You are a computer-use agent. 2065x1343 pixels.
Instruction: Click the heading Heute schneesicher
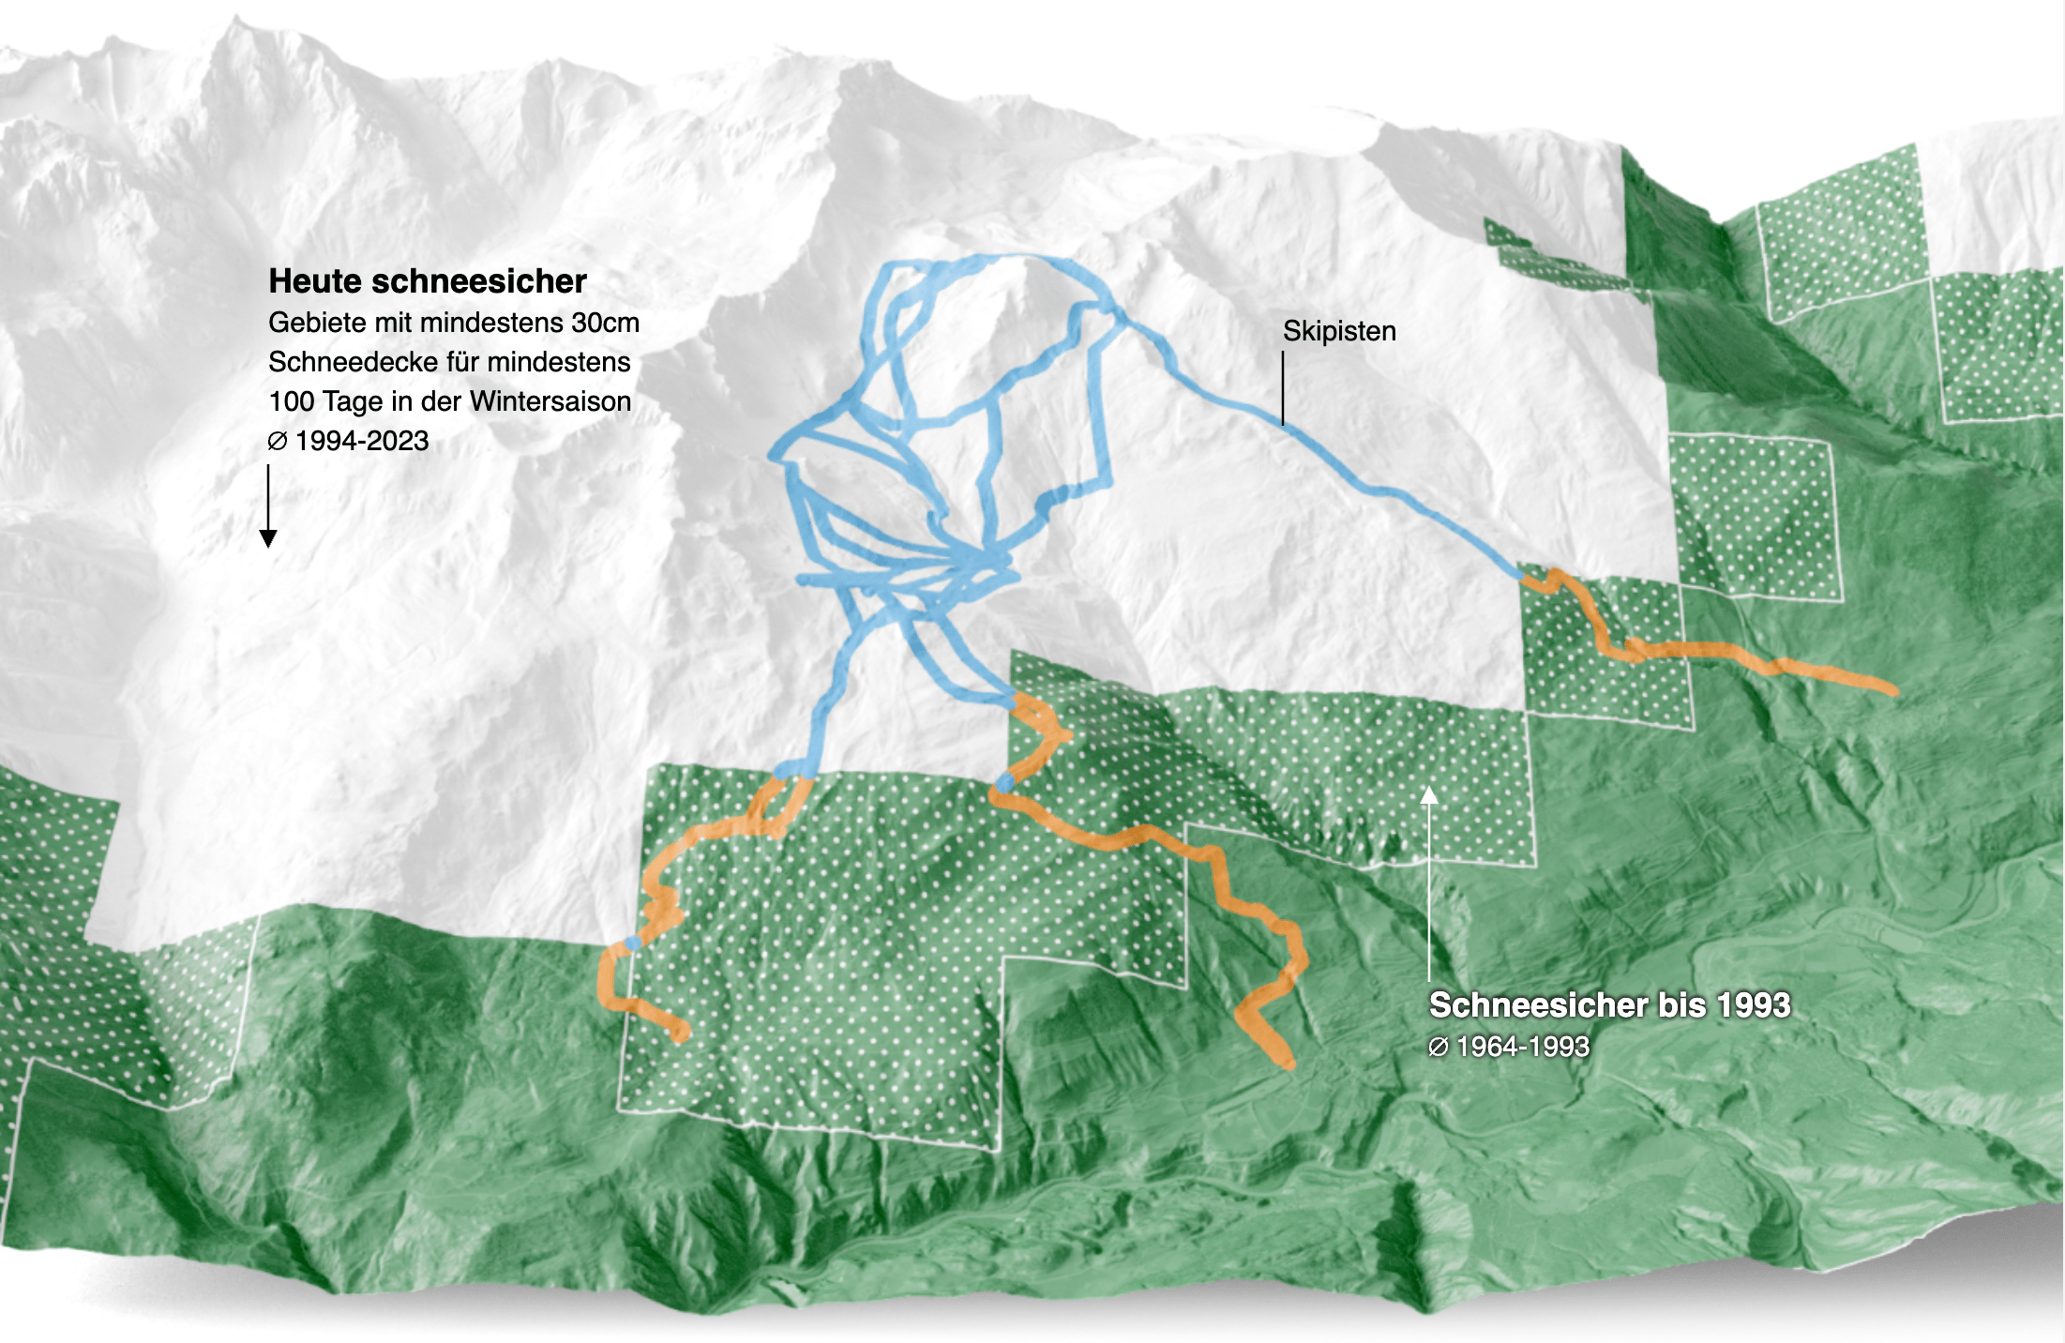[x=427, y=281]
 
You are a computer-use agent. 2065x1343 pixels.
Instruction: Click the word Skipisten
[x=1338, y=331]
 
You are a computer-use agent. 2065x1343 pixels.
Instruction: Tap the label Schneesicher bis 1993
[x=1608, y=1004]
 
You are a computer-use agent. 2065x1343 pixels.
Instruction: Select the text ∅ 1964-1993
[x=1508, y=1047]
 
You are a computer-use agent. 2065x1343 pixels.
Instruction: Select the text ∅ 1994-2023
[x=348, y=441]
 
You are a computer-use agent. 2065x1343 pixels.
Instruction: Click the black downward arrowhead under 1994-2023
[x=268, y=538]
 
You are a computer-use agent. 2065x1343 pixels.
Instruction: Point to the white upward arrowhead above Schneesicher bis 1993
[x=1428, y=796]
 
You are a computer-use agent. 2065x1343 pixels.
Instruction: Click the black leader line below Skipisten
[x=1283, y=389]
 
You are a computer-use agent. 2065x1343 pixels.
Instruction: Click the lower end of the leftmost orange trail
[x=682, y=1034]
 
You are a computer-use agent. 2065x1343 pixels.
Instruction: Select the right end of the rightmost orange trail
[x=1891, y=690]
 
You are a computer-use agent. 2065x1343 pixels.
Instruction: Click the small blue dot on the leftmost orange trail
[x=633, y=943]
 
